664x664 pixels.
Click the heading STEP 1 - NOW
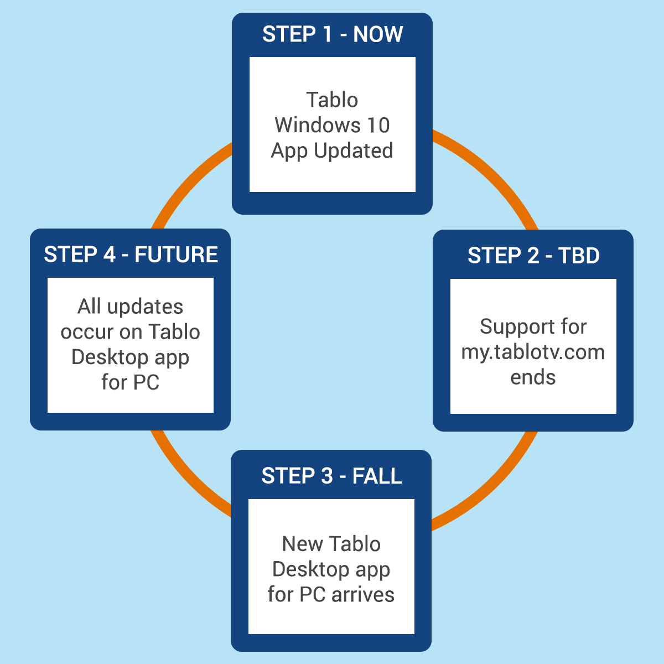coord(332,34)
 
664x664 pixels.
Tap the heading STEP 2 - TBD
coord(533,255)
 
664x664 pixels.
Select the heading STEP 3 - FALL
coord(331,476)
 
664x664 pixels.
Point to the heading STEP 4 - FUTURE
coord(131,255)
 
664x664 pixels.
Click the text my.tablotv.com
coord(533,352)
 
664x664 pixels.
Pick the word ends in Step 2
coord(533,377)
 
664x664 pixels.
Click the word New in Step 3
coord(297,544)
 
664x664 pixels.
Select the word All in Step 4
coord(89,306)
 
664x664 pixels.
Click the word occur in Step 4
coord(87,332)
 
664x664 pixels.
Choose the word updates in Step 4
coord(145,307)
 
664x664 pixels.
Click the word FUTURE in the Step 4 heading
coord(176,255)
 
